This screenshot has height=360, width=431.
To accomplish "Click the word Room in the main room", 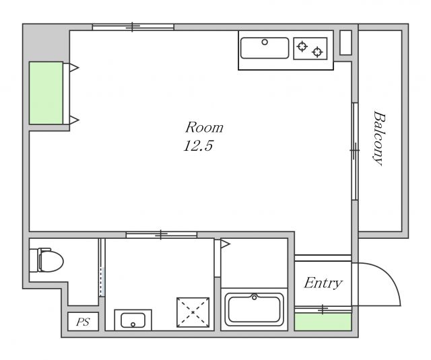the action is click(x=204, y=128).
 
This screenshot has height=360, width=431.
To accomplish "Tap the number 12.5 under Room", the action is click(x=198, y=146).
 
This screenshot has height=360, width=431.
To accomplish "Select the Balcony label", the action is click(x=379, y=138).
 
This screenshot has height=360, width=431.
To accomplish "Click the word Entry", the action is click(x=323, y=283).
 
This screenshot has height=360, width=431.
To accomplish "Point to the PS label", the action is click(x=83, y=322).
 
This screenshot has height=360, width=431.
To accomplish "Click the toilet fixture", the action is click(x=46, y=260).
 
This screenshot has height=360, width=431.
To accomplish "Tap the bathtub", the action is click(x=255, y=310).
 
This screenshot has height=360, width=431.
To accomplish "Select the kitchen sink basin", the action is click(x=265, y=48).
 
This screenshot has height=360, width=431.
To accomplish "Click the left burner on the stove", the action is click(x=302, y=46).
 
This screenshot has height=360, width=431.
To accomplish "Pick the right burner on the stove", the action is click(x=317, y=52).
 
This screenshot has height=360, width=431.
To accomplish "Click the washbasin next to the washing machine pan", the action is click(x=133, y=320).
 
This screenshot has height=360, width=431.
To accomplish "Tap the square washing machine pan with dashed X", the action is click(x=193, y=312).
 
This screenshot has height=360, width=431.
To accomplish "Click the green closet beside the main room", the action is click(x=46, y=93).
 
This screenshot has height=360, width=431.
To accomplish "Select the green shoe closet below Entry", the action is click(x=323, y=322).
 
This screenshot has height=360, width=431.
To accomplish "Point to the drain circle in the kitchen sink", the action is click(x=265, y=42).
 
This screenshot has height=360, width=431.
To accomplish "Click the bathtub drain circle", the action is click(x=255, y=297).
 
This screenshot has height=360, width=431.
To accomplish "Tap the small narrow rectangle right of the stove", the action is click(x=345, y=42).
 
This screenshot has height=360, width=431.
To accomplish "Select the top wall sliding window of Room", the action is click(x=133, y=27).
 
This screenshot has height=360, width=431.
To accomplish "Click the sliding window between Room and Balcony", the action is click(x=355, y=151).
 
